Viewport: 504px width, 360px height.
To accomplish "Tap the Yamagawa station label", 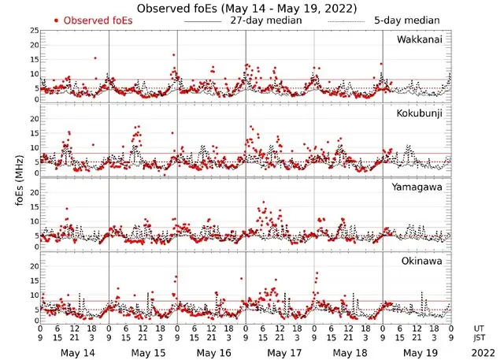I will click(x=423, y=187).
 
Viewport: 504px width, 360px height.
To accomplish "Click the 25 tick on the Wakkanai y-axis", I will click(x=34, y=30).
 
